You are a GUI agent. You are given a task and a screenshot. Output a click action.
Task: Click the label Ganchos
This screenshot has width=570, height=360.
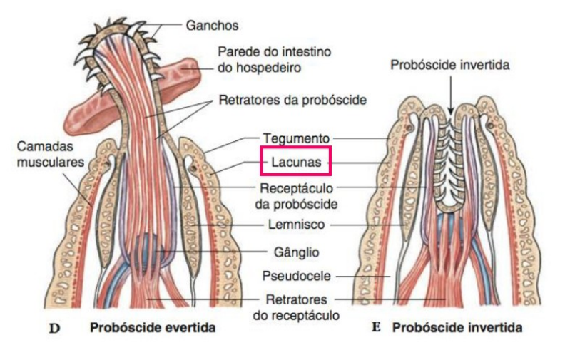(212, 26)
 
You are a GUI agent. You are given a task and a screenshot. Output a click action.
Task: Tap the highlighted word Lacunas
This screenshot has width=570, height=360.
(295, 162)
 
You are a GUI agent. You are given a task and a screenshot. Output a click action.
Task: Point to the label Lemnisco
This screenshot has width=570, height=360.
(295, 225)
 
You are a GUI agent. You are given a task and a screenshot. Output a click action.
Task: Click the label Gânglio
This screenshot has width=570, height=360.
(295, 252)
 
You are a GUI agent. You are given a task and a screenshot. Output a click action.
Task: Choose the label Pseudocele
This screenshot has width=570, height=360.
(295, 275)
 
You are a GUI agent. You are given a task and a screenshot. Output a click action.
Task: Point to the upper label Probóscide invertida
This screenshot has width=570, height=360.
(449, 65)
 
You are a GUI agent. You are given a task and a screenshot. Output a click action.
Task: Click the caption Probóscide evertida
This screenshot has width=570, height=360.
(153, 329)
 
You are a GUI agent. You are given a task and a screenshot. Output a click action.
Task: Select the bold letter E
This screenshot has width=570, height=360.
(376, 329)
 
